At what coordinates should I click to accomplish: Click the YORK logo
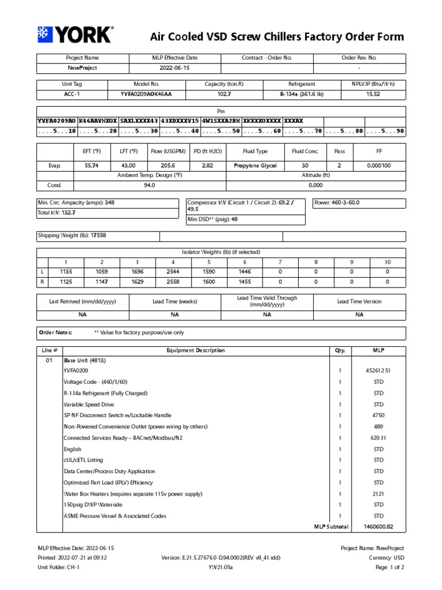click(75, 35)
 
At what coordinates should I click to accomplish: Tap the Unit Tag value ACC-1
click(66, 94)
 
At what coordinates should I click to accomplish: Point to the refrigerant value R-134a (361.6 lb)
click(298, 94)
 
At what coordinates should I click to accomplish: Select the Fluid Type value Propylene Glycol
click(255, 165)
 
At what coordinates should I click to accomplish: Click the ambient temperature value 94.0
click(150, 186)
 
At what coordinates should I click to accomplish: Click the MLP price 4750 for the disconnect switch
click(374, 415)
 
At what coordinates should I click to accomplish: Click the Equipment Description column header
click(196, 350)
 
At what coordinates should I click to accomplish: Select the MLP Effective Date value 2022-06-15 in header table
click(174, 68)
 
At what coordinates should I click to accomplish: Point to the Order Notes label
click(55, 332)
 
